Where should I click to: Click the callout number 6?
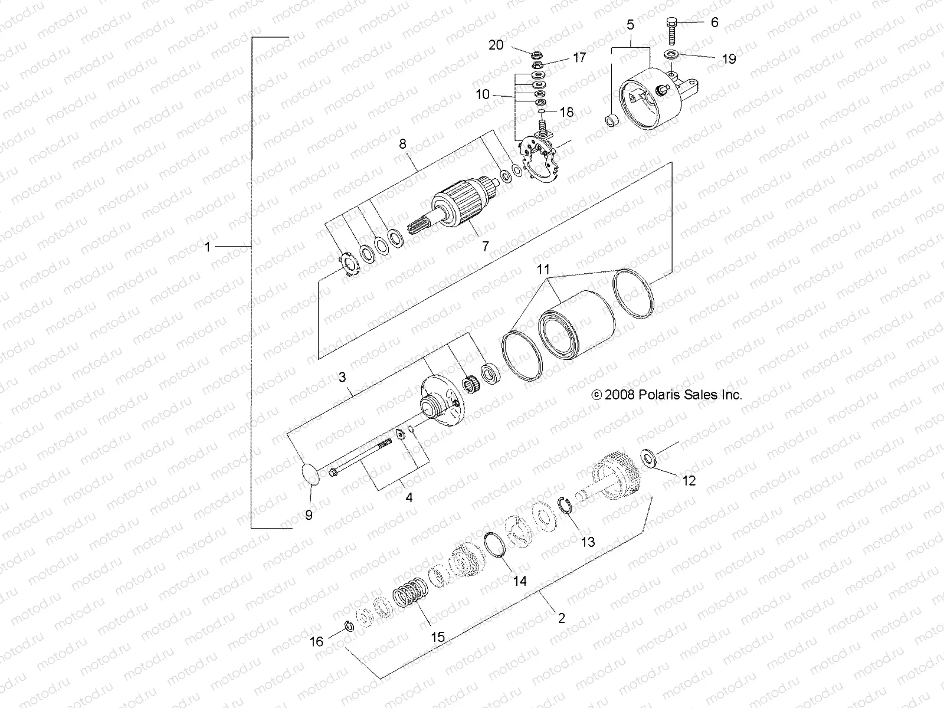click(714, 22)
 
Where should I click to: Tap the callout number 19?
click(729, 59)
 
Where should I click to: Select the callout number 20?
click(496, 44)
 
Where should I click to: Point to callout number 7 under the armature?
click(485, 246)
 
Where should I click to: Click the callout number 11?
click(543, 270)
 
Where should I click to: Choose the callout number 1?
click(207, 246)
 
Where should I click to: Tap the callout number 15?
click(437, 637)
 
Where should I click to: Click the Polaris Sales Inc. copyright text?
click(667, 395)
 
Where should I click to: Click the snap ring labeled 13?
click(568, 505)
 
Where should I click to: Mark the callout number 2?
click(561, 618)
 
